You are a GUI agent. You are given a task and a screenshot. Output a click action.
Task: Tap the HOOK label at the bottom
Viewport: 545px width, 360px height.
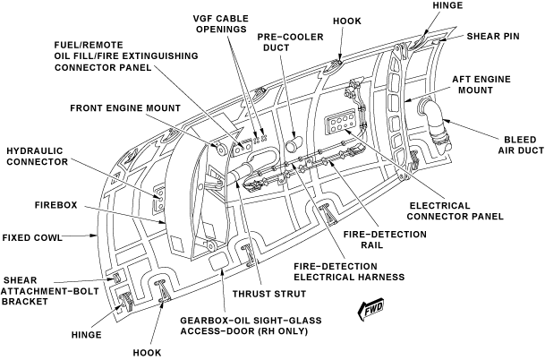pos(147,352)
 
